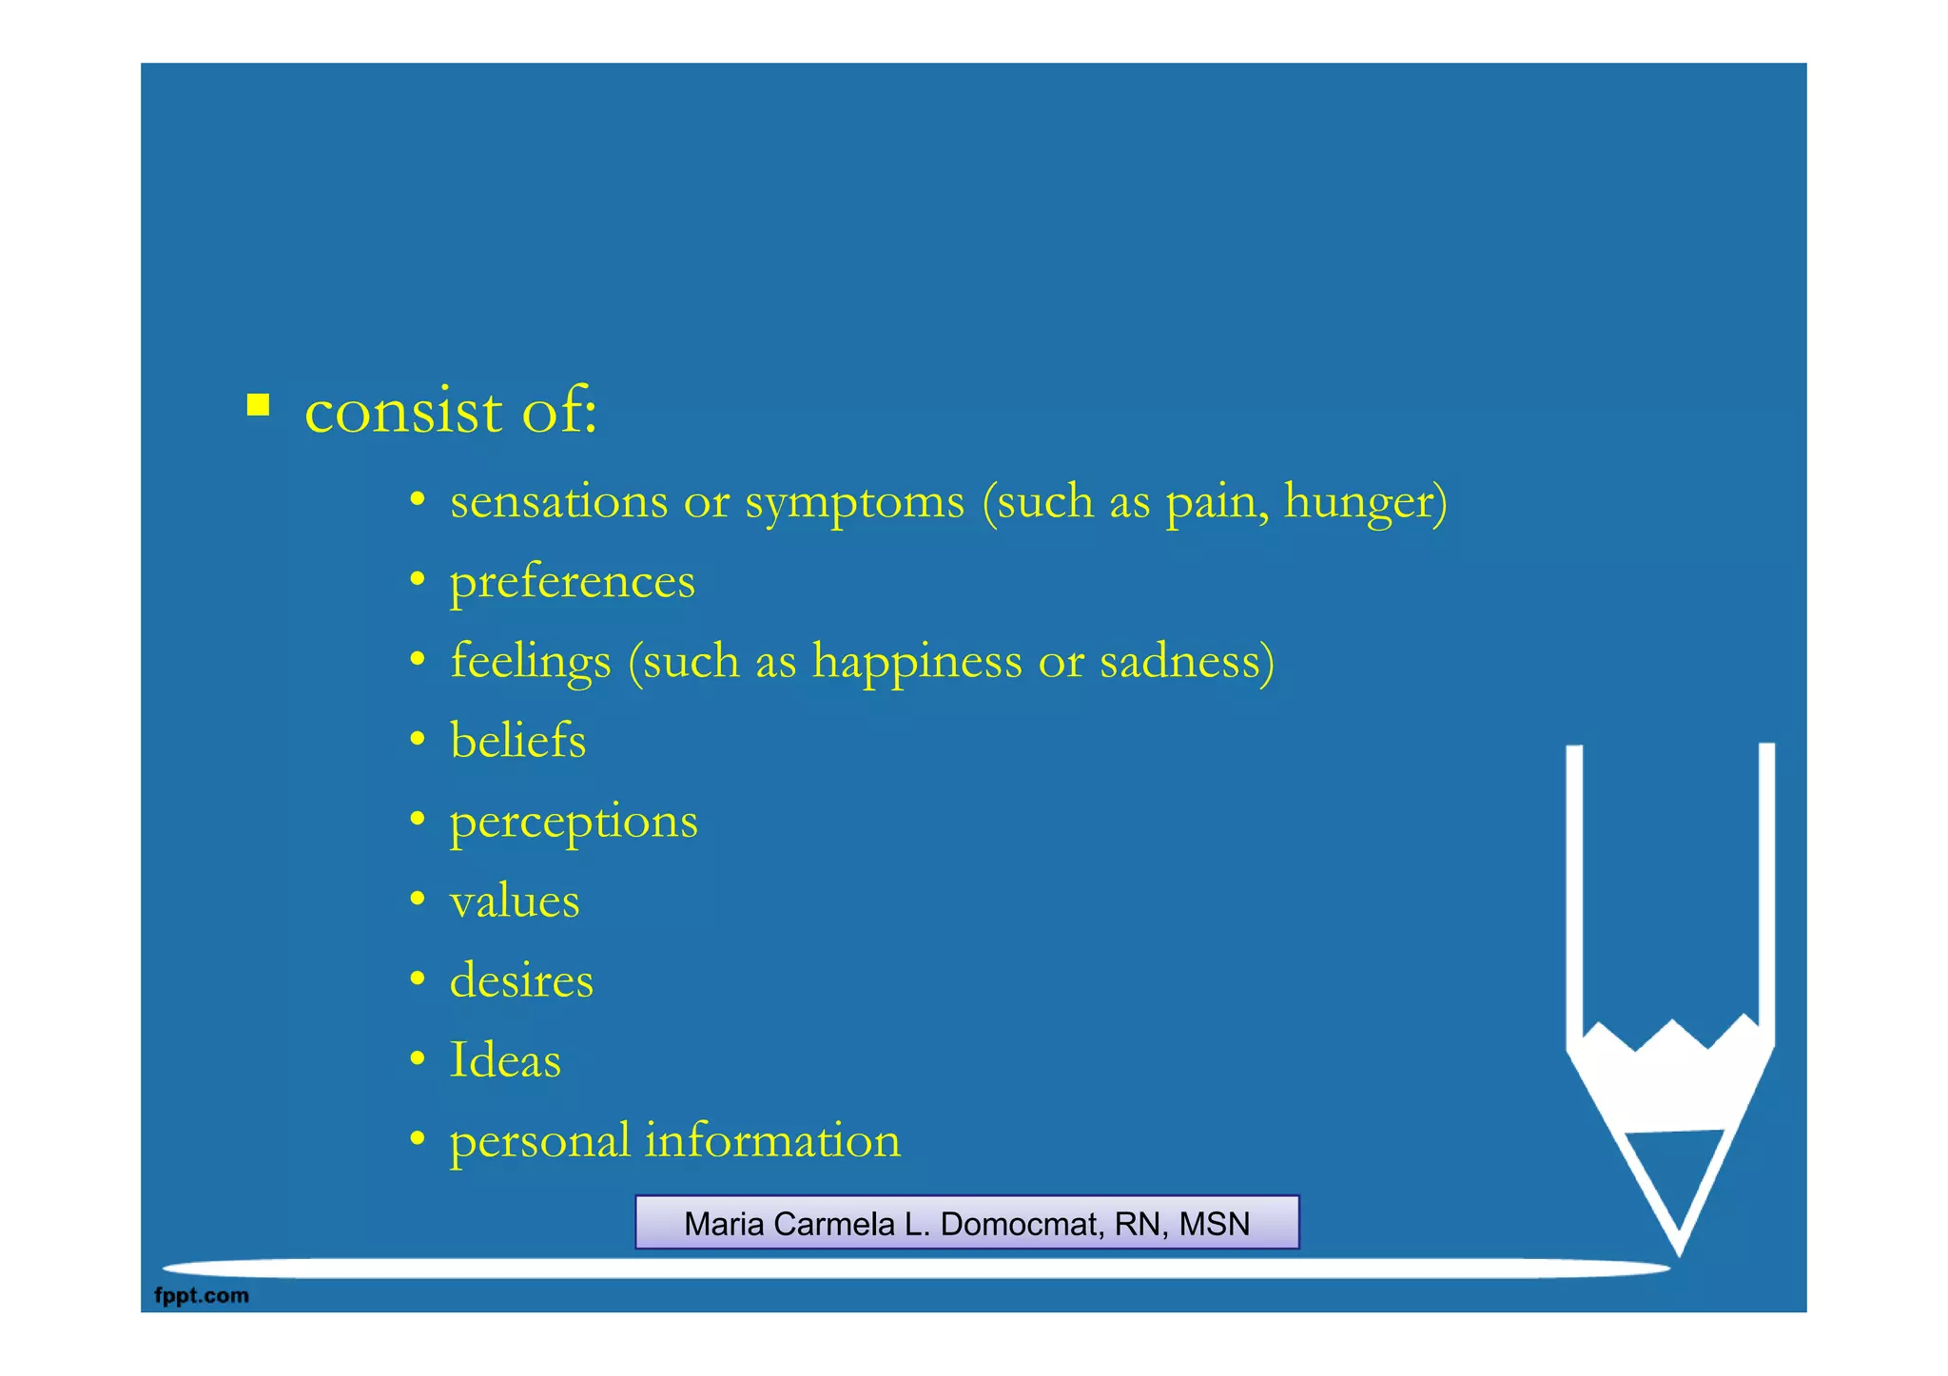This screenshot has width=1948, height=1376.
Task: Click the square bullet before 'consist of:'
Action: [x=258, y=406]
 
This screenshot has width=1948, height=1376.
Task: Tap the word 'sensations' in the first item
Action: [x=558, y=501]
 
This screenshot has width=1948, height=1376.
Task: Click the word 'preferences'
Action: [x=572, y=582]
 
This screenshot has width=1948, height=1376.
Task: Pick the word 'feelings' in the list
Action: [x=530, y=662]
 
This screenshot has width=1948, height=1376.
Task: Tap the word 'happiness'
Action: [x=917, y=662]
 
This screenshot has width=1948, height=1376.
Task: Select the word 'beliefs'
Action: [x=517, y=741]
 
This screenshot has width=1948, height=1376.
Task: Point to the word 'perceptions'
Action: [x=574, y=822]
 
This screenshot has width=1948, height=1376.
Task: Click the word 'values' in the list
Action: [x=515, y=901]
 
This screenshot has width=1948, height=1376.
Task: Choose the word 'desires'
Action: [x=521, y=980]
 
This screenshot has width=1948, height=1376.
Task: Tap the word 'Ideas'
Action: [x=505, y=1060]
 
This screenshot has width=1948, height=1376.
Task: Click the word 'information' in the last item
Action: [x=772, y=1140]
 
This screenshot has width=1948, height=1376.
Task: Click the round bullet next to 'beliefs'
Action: [x=417, y=740]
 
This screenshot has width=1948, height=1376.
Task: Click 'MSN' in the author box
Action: [x=1214, y=1224]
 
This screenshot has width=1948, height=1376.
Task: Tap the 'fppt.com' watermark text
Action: [x=202, y=1295]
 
